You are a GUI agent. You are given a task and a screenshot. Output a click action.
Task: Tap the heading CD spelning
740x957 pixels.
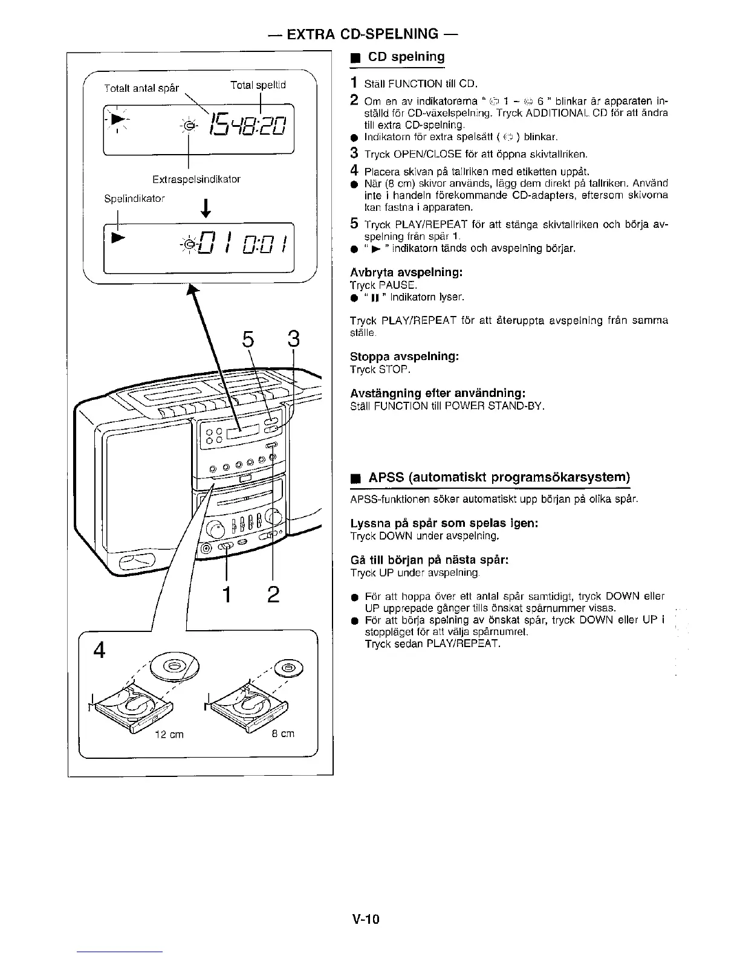(x=406, y=57)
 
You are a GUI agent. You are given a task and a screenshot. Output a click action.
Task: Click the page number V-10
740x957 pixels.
(x=365, y=920)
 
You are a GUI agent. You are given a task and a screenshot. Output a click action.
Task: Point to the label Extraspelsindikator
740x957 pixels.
(x=196, y=179)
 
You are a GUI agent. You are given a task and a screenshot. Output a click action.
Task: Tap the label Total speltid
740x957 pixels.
(x=258, y=85)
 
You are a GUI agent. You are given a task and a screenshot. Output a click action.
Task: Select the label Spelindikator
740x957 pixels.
(x=134, y=198)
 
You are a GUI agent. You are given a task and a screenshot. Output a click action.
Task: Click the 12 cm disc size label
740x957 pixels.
(x=169, y=735)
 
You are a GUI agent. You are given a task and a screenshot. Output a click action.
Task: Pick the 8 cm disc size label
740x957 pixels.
(x=282, y=733)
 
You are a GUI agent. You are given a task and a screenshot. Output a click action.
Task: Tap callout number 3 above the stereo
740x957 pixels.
(x=293, y=340)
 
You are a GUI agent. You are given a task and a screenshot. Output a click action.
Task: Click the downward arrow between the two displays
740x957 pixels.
(x=207, y=208)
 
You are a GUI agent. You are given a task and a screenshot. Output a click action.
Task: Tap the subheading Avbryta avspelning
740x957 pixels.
(x=406, y=272)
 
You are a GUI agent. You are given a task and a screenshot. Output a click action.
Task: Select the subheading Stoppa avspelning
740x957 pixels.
(x=404, y=356)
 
